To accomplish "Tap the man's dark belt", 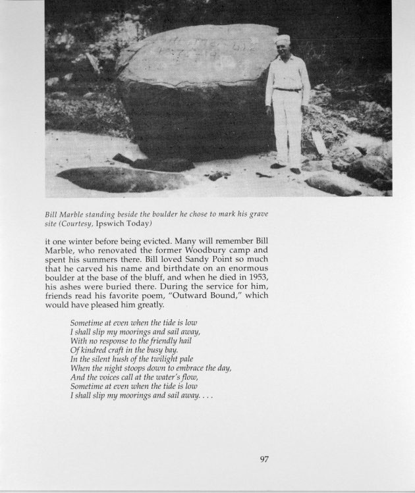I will [x=287, y=90].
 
